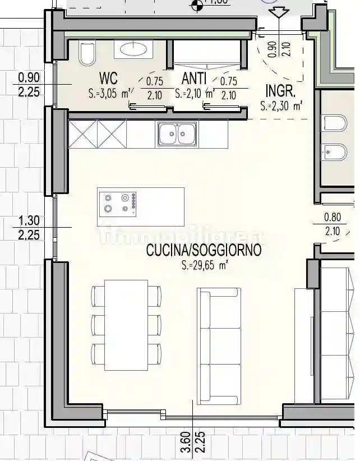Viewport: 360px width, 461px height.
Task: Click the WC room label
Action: coord(108,77)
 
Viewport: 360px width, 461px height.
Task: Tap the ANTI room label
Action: coord(195,77)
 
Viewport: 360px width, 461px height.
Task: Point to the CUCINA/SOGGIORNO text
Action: coord(204,251)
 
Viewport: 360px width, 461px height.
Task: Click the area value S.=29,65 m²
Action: coord(204,266)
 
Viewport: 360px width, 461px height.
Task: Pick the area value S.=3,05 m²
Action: coord(110,94)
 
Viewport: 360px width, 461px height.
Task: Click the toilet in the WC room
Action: coord(87,54)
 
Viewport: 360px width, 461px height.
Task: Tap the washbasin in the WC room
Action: coord(133,49)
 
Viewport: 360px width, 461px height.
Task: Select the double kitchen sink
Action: coord(177,134)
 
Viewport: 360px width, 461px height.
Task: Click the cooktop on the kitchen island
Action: coord(117,203)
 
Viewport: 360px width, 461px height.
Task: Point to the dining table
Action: coord(126,325)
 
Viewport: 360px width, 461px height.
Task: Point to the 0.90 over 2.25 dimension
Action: coord(29,85)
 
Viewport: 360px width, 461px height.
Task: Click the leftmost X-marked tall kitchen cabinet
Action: coord(82,135)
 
